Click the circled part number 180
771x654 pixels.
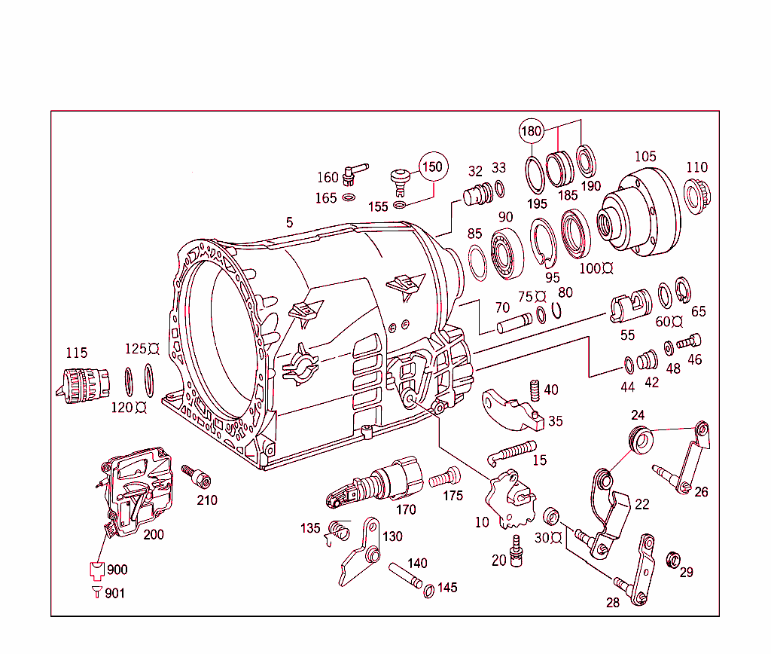point(531,131)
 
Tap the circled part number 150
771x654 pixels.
point(432,166)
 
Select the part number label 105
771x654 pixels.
point(645,157)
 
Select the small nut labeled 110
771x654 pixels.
point(697,195)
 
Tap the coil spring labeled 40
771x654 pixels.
point(535,390)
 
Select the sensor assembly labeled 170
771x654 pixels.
point(376,484)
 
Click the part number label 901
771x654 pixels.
point(114,594)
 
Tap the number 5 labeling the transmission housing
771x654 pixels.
point(289,222)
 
